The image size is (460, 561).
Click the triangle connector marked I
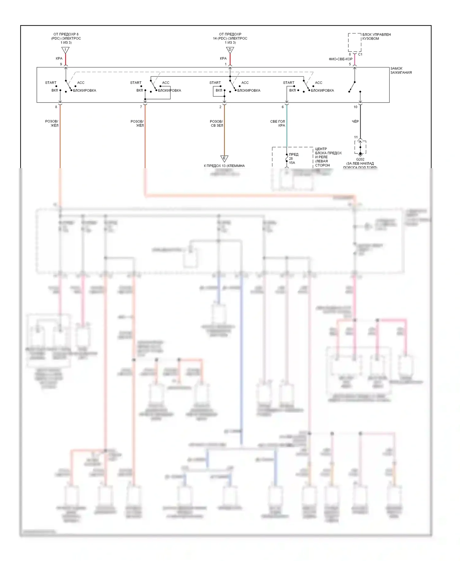click(65, 50)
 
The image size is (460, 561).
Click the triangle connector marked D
click(230, 50)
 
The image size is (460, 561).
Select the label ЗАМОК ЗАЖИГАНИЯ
click(401, 71)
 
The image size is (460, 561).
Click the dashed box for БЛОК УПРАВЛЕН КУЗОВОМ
click(355, 42)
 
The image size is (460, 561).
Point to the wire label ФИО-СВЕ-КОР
click(340, 59)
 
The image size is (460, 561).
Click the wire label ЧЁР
click(355, 122)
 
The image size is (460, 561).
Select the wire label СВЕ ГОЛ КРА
click(278, 123)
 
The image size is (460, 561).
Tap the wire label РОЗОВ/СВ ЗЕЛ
click(217, 123)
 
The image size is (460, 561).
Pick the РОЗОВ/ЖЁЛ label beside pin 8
click(52, 123)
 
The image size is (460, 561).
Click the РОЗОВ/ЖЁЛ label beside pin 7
click(137, 123)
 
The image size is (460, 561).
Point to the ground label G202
click(360, 160)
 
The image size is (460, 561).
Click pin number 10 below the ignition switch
click(355, 107)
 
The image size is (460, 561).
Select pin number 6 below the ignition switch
click(283, 107)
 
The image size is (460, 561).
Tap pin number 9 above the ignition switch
click(61, 64)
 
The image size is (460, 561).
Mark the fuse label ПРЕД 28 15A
click(293, 159)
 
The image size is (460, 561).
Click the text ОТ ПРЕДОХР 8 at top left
click(66, 34)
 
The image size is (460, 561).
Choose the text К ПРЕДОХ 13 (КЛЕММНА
click(224, 166)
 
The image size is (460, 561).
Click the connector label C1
click(360, 54)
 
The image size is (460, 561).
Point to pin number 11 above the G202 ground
click(356, 137)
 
